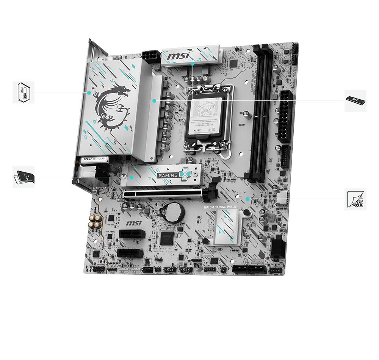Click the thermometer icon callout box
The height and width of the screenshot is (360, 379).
click(x=23, y=92)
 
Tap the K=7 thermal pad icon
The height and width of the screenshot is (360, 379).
click(x=356, y=100)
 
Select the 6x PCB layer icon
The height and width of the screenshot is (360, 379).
click(x=356, y=199)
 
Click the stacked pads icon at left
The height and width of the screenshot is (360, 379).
click(x=23, y=177)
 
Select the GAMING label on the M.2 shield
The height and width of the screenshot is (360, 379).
click(x=167, y=175)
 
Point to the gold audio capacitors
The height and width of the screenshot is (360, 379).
click(x=94, y=222)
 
